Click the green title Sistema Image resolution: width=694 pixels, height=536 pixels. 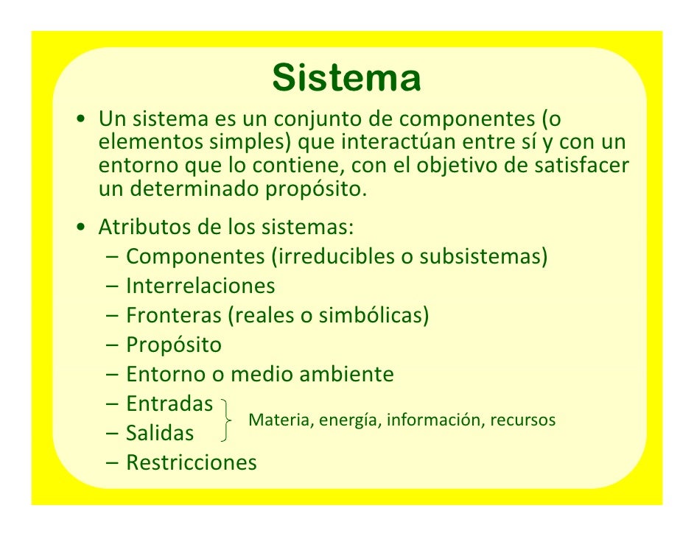click(346, 78)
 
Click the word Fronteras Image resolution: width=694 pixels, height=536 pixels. click(173, 315)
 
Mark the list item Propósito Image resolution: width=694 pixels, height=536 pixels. click(173, 345)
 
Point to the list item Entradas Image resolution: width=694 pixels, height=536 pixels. click(169, 403)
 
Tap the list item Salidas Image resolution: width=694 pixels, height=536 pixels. click(160, 433)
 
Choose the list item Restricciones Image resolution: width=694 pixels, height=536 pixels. click(192, 462)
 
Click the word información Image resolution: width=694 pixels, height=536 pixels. click(433, 420)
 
